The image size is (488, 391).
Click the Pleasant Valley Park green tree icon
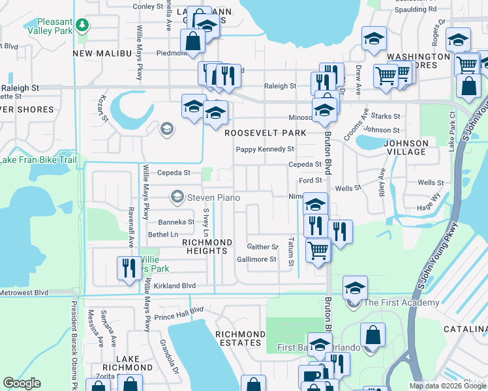(82, 25)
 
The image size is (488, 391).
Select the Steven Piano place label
(213, 197)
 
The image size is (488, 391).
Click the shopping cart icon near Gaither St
(318, 250)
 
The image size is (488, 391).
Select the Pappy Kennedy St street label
(264, 149)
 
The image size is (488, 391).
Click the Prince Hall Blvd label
(178, 313)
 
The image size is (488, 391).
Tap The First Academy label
(401, 303)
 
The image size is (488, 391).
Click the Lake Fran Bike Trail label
(38, 160)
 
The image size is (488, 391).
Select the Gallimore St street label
(256, 259)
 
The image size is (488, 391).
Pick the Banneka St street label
(172, 222)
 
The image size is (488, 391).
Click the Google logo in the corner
(22, 383)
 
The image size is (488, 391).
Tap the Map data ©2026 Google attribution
(447, 386)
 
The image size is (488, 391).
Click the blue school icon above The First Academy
(354, 287)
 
